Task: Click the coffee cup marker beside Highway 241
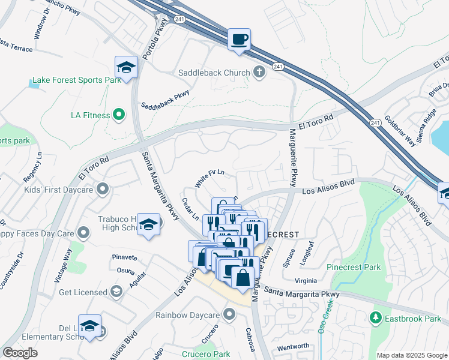[240, 40]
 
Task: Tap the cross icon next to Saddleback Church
[259, 73]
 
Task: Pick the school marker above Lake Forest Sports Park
[127, 67]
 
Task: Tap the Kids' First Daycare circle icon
[103, 190]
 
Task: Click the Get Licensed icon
[116, 292]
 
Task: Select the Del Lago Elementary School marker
[89, 326]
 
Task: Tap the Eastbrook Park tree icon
[376, 317]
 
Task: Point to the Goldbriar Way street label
[400, 131]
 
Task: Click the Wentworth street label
[293, 346]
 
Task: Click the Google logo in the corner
[20, 352]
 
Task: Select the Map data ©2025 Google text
[411, 355]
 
